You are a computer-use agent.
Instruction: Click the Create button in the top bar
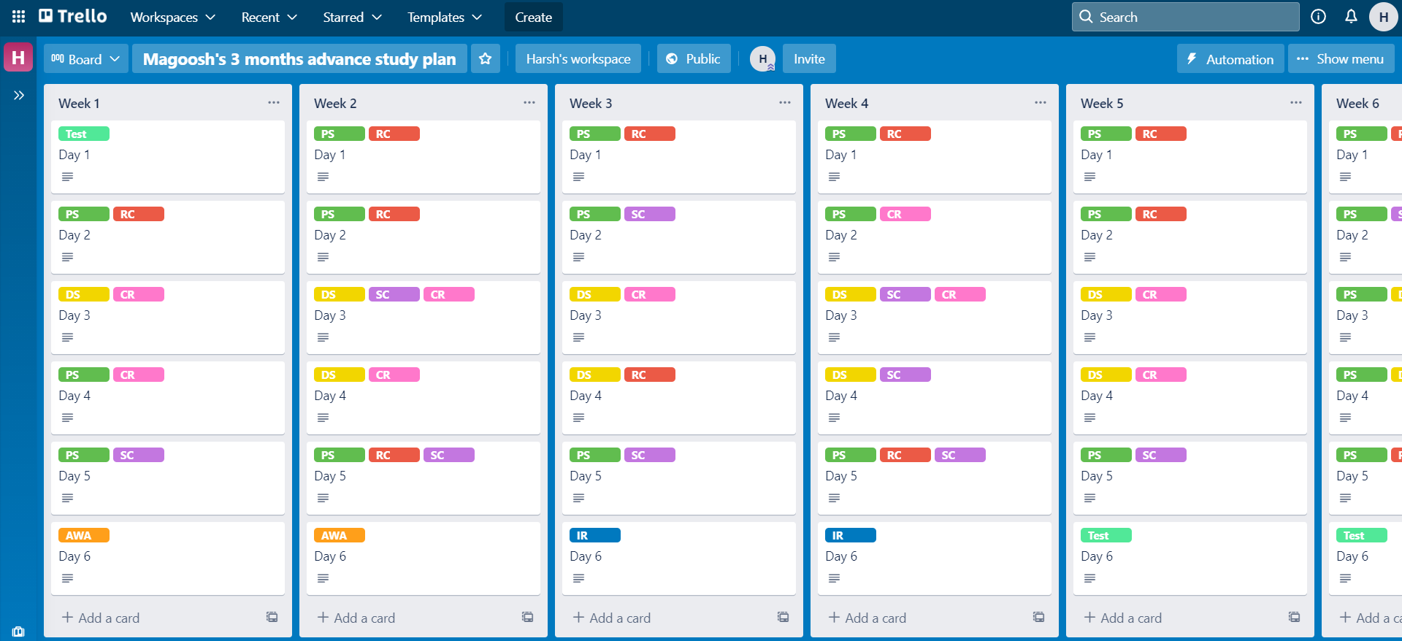pos(533,17)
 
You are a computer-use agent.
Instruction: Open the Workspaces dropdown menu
pos(172,17)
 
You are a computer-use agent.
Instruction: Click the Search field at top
pos(1185,17)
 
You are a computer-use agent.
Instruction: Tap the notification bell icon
pos(1351,17)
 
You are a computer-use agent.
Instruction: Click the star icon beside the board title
pos(485,59)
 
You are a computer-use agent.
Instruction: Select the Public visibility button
pos(693,59)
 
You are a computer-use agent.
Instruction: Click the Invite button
pos(809,59)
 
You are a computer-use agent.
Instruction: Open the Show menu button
pos(1341,59)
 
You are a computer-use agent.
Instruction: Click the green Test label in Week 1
pos(83,134)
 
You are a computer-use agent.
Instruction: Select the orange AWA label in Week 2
pos(339,535)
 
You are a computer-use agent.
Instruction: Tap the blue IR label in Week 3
pos(594,535)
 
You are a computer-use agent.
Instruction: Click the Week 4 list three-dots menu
pos(1040,103)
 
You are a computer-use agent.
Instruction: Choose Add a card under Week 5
pos(1130,618)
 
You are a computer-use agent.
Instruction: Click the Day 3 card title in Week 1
pos(74,315)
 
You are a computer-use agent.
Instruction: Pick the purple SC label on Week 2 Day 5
pos(448,455)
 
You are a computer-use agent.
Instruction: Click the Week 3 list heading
pos(591,104)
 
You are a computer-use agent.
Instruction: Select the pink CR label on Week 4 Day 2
pos(905,214)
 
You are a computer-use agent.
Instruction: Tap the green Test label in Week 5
pos(1106,535)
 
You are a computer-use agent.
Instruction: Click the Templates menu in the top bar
pos(444,17)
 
